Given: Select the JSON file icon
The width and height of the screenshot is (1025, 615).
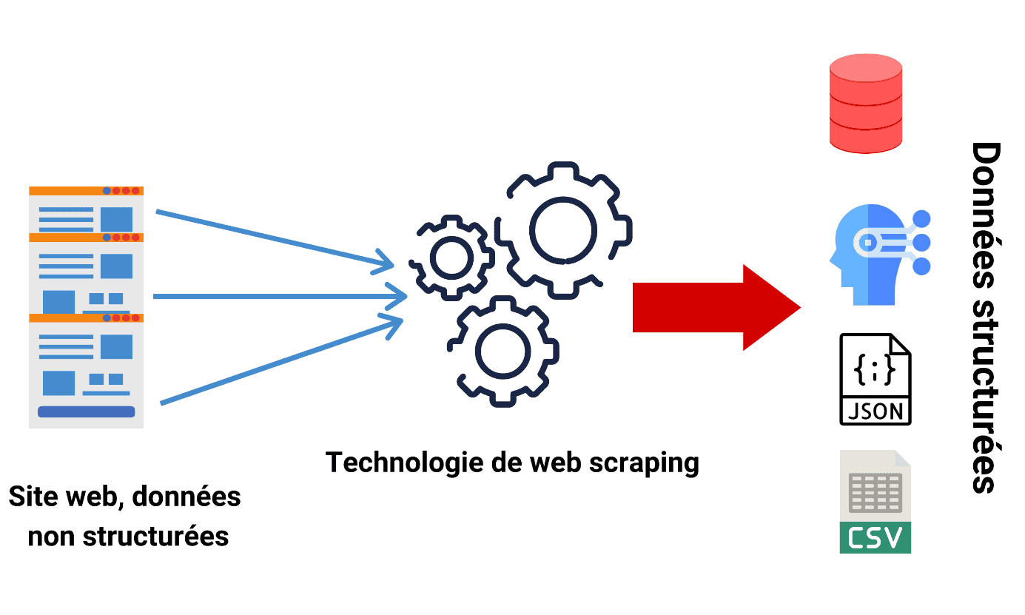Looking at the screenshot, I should [876, 379].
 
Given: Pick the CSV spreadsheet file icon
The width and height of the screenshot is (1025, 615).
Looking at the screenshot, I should [876, 501].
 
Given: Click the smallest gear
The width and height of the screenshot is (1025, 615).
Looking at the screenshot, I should [451, 258].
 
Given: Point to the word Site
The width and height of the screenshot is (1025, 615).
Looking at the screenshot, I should [33, 496].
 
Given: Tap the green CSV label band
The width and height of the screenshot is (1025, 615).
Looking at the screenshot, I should [876, 538].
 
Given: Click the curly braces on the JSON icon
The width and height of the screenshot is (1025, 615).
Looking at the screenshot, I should [876, 368].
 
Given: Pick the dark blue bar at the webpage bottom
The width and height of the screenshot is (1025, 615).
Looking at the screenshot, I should [86, 411].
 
